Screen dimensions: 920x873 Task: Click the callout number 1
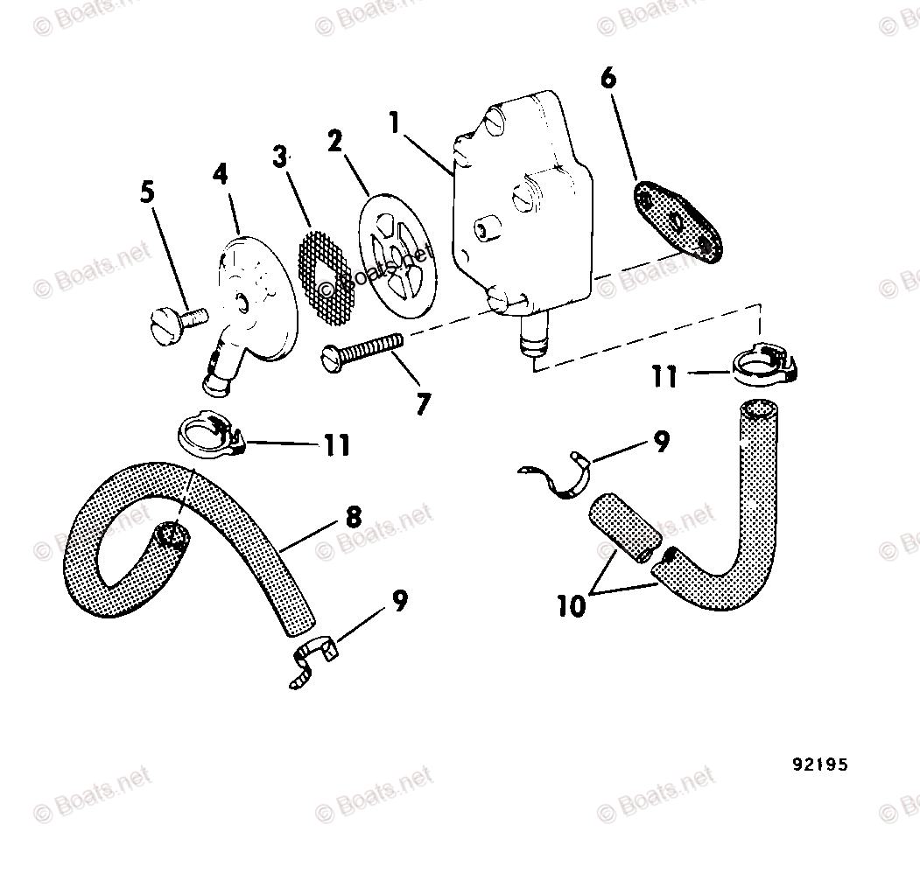click(x=395, y=122)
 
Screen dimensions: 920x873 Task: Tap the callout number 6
click(x=607, y=79)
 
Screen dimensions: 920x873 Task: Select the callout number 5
click(x=147, y=192)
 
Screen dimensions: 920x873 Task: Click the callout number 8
click(x=353, y=517)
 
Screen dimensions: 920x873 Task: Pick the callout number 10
click(x=571, y=606)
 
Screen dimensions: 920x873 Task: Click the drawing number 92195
click(x=820, y=765)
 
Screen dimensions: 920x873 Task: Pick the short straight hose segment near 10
click(x=621, y=528)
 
